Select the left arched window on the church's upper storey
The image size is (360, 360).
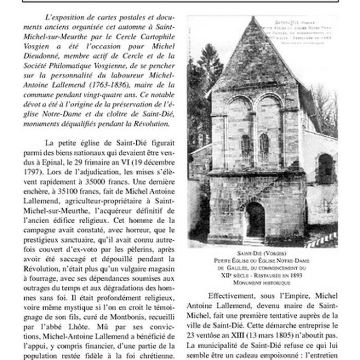point(245,147)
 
